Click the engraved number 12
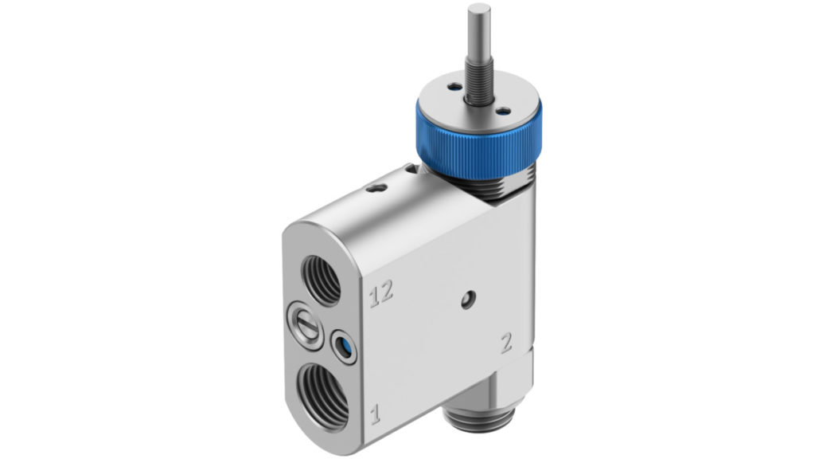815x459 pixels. click(x=381, y=295)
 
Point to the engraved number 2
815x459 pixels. click(x=505, y=343)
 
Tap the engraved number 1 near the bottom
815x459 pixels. click(x=375, y=414)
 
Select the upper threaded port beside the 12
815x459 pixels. click(x=322, y=280)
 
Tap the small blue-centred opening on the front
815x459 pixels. click(x=344, y=346)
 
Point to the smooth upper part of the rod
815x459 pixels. click(x=478, y=31)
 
